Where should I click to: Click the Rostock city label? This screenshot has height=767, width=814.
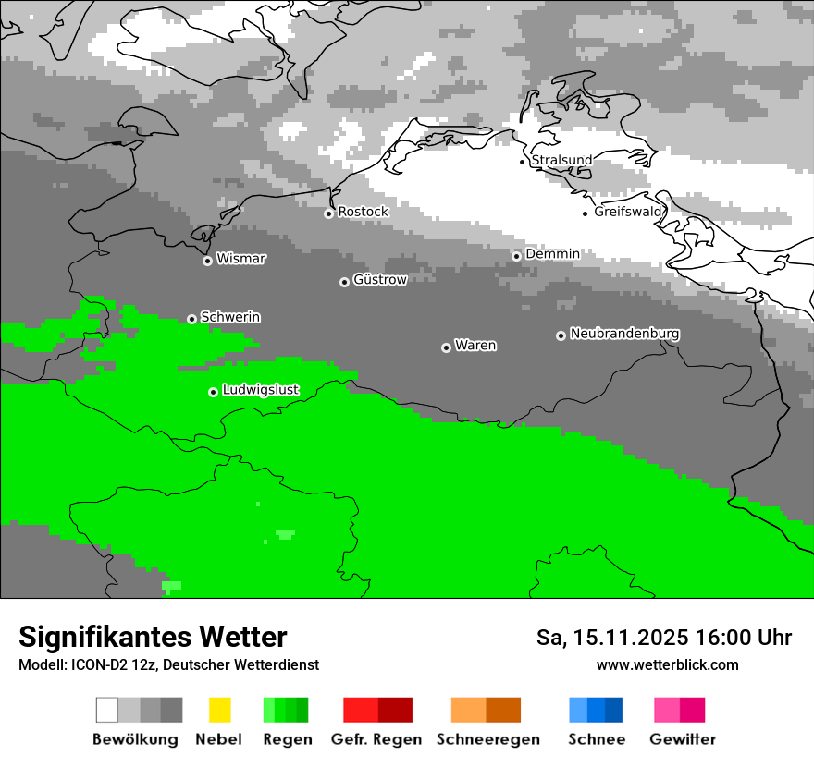point(364,212)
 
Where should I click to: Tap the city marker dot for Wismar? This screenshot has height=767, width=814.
point(207,261)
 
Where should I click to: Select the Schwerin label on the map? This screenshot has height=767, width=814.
point(230,317)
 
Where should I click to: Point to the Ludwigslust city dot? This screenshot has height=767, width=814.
point(213,392)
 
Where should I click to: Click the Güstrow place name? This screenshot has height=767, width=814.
point(380,279)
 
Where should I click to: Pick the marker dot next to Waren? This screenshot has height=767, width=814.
point(446,347)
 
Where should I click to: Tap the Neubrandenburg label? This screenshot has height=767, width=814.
point(625,334)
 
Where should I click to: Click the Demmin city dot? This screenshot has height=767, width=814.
point(516,256)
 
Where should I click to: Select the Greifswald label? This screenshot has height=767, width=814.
point(629,212)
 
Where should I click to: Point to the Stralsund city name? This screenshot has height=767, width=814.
point(562,160)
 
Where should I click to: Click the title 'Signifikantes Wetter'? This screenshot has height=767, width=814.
point(153,638)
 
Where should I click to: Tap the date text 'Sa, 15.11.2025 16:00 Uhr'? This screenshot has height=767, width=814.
point(664,638)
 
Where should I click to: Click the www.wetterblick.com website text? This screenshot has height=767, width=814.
point(668,664)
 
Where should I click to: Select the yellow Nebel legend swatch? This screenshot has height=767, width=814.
point(220,710)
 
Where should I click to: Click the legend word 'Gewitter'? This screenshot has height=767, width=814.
point(683,739)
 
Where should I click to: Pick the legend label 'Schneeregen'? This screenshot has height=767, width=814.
point(488,739)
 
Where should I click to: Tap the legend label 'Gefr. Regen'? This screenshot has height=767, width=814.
point(376,739)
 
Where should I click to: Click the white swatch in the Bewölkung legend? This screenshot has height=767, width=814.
point(107,710)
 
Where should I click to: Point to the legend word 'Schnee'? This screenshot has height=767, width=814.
point(597,739)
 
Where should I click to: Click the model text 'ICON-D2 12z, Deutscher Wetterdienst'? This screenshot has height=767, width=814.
point(194,664)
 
